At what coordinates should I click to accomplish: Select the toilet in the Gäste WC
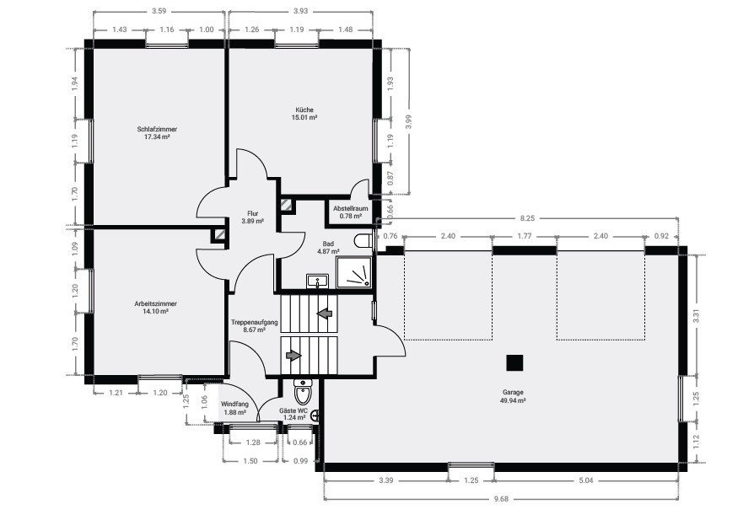[x=302, y=393]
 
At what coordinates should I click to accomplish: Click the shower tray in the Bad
[x=353, y=272]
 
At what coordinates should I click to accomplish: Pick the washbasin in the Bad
[x=318, y=280]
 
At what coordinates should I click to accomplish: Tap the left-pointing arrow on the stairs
[x=324, y=314]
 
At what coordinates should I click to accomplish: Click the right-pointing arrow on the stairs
[x=294, y=356]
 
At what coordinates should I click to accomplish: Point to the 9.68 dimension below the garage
[x=502, y=498]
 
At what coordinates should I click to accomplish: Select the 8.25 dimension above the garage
[x=530, y=217]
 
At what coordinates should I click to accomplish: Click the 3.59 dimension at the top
[x=158, y=12]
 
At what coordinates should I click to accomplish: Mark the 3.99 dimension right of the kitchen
[x=408, y=120]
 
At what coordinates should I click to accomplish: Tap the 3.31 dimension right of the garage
[x=697, y=319]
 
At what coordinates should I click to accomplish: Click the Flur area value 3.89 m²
[x=252, y=221]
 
